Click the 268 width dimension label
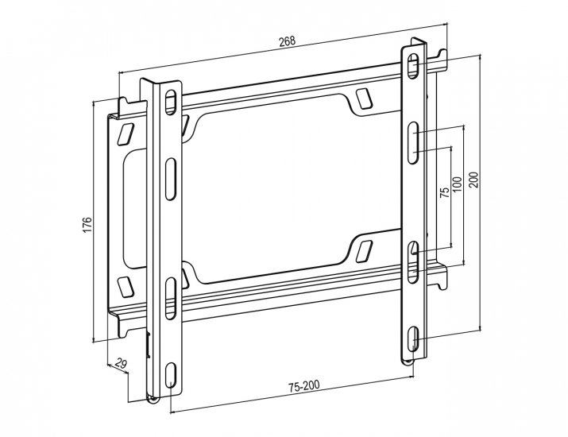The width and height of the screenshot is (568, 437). tap(288, 41)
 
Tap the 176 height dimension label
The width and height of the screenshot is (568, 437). tap(87, 225)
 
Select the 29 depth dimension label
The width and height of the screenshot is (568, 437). tap(122, 363)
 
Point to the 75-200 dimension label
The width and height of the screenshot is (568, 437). tap(304, 386)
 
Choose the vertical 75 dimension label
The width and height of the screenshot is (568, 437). tap(445, 192)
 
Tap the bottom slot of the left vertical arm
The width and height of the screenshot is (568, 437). tap(171, 376)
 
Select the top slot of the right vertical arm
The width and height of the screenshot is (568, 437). tap(412, 66)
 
